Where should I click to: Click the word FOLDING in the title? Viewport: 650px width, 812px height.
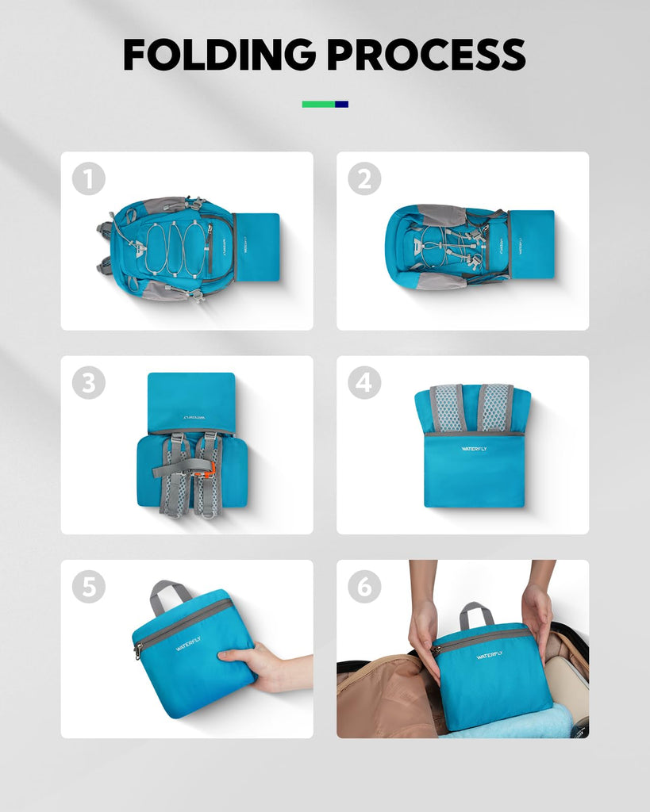point(219,55)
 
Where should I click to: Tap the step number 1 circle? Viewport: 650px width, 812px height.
point(89,178)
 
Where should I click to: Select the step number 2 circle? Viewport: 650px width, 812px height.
point(364,178)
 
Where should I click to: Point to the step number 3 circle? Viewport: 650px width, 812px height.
point(89,383)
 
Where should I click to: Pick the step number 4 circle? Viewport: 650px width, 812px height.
point(364,383)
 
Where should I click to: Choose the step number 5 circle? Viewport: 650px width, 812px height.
point(89,587)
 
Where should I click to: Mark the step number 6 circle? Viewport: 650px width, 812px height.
point(364,587)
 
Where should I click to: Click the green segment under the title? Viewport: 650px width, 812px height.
point(318,104)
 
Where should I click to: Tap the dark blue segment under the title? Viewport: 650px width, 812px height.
point(341,104)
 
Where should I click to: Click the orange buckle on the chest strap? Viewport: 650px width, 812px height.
point(210,469)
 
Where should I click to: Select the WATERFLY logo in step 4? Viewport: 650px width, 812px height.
point(475,449)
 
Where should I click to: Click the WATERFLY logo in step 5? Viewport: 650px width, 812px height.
point(187,644)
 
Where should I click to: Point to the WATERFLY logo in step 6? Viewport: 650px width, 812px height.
point(490,655)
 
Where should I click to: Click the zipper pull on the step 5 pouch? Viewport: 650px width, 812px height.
point(138,651)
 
